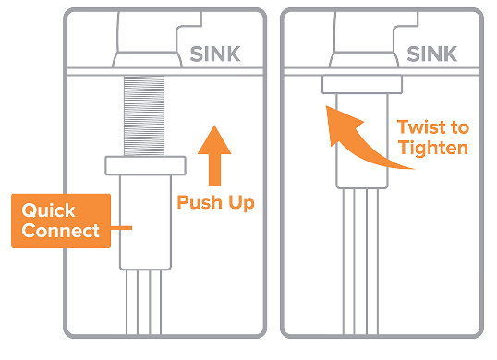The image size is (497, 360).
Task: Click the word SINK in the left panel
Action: (x=215, y=54)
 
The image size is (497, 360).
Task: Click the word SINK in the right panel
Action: (x=431, y=54)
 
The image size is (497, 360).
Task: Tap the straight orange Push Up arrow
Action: (x=214, y=155)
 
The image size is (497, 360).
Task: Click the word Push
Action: (x=200, y=202)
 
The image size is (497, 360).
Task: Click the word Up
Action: (x=241, y=203)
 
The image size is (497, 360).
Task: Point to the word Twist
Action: (x=421, y=127)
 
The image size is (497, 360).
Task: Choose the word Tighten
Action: (x=433, y=149)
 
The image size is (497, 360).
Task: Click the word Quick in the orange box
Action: (x=48, y=210)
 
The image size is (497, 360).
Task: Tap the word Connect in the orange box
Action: (x=61, y=230)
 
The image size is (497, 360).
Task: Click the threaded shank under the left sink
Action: (x=144, y=116)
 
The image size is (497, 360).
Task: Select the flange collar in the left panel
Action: (x=145, y=165)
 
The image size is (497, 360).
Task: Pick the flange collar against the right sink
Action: (x=362, y=84)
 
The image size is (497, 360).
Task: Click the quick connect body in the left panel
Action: (x=145, y=222)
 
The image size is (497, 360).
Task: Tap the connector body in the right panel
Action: (x=362, y=141)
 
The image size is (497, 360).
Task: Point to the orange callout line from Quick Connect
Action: (x=121, y=228)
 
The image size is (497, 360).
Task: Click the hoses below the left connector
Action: (x=143, y=302)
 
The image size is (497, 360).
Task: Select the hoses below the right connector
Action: (x=360, y=261)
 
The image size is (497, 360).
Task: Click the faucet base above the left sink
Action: (x=148, y=59)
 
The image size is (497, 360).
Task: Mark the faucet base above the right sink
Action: (x=364, y=59)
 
